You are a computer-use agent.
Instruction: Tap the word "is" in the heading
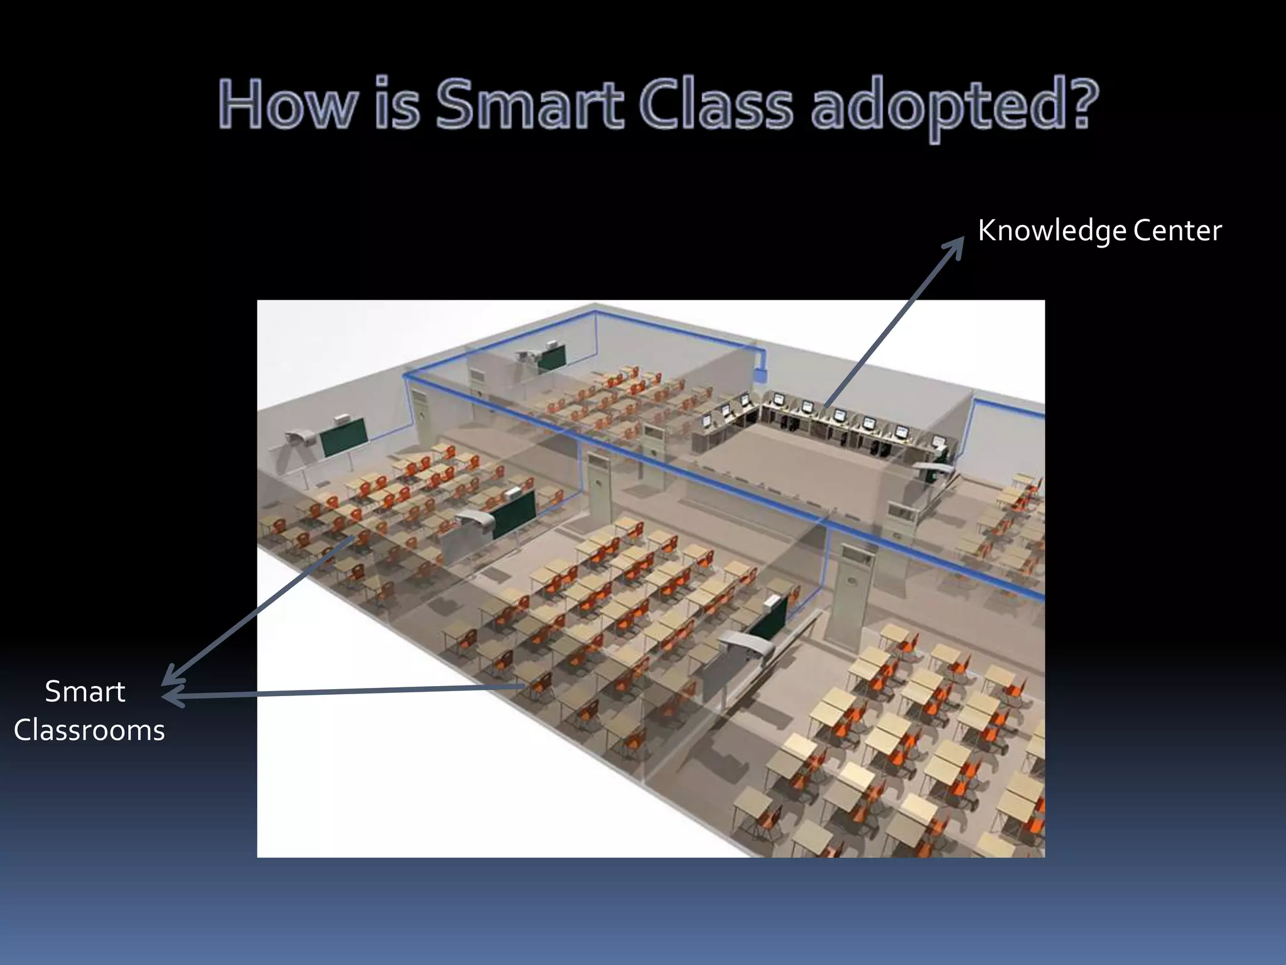click(x=397, y=104)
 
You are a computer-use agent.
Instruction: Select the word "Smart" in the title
click(x=529, y=104)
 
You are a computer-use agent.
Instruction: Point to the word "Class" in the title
click(x=716, y=104)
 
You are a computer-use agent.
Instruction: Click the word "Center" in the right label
click(x=1177, y=230)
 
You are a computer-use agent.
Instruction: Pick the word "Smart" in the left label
click(x=85, y=692)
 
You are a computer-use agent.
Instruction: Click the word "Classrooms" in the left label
click(x=89, y=731)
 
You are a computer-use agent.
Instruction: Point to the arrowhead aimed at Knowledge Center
click(x=956, y=246)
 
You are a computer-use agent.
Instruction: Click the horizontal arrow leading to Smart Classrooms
click(x=345, y=692)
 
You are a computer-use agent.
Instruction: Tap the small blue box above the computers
click(x=762, y=374)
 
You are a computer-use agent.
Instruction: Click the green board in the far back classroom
click(x=552, y=357)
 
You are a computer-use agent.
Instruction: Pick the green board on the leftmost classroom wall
click(x=344, y=435)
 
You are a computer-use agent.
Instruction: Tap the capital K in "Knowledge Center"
click(x=988, y=230)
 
